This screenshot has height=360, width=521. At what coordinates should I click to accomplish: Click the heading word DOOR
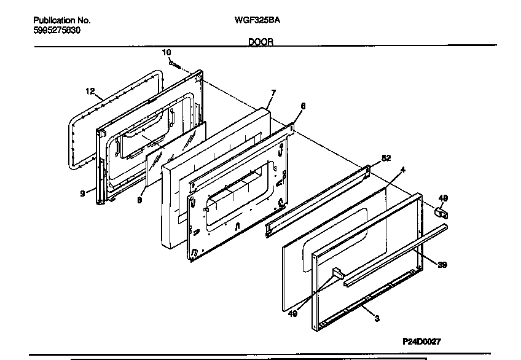(x=260, y=42)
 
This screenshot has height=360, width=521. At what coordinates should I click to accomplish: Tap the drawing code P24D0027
(x=422, y=341)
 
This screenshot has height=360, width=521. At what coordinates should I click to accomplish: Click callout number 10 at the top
(x=166, y=53)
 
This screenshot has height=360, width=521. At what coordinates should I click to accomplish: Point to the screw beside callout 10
(x=176, y=63)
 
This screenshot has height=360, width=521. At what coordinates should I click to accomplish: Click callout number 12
(x=90, y=92)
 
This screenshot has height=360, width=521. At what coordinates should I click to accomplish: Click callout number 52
(x=386, y=158)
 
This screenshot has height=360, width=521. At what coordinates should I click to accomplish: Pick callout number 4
(x=402, y=169)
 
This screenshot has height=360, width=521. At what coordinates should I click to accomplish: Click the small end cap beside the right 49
(x=441, y=213)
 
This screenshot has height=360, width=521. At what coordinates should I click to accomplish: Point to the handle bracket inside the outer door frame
(x=337, y=272)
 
